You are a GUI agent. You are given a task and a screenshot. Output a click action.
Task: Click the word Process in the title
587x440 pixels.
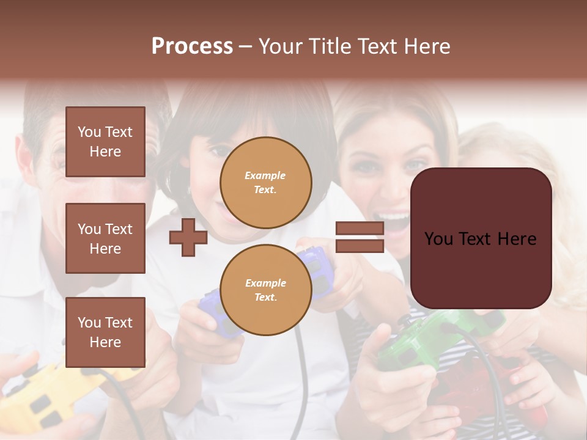pyautogui.click(x=192, y=46)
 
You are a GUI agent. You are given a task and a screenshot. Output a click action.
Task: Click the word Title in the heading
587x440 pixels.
pyautogui.click(x=330, y=46)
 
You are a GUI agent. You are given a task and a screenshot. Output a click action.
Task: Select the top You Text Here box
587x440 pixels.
pyautogui.click(x=105, y=142)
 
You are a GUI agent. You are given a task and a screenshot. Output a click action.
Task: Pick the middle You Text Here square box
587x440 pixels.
pyautogui.click(x=105, y=238)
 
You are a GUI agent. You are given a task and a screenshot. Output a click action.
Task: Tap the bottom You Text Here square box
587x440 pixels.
pyautogui.click(x=105, y=332)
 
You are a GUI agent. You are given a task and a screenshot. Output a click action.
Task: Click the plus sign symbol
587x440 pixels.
pyautogui.click(x=188, y=238)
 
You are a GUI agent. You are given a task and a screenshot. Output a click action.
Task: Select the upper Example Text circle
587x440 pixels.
pyautogui.click(x=266, y=183)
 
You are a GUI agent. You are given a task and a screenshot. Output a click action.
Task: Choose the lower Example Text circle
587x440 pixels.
pyautogui.click(x=266, y=290)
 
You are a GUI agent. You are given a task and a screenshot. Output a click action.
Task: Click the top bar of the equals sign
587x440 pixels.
pyautogui.click(x=360, y=229)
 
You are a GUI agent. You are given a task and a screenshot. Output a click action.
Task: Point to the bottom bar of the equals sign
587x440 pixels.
pyautogui.click(x=360, y=246)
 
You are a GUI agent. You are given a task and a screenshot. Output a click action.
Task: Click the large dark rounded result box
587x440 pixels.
pyautogui.click(x=481, y=238)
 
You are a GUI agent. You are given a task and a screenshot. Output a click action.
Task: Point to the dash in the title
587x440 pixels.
pyautogui.click(x=245, y=46)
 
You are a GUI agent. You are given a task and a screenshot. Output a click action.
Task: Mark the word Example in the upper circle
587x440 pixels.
pyautogui.click(x=265, y=175)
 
